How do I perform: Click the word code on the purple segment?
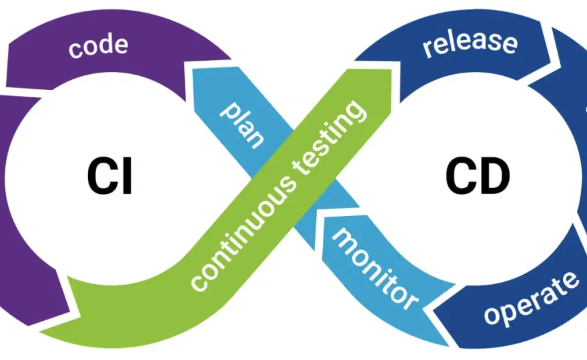98,47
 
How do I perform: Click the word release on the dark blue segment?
470,42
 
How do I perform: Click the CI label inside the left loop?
109,176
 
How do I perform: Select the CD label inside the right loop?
478,175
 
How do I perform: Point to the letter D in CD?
495,176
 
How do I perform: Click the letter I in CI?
127,176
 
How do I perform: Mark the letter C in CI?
102,176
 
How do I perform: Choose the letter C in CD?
460,175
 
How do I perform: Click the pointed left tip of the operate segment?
434,310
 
